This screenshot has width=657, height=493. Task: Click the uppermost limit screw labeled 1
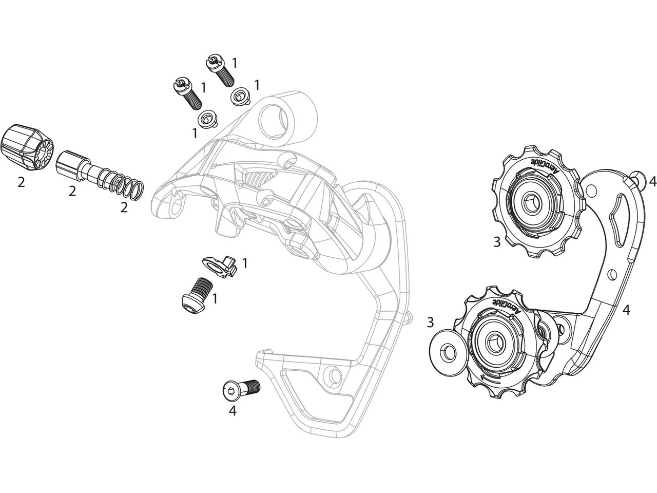point(219,69)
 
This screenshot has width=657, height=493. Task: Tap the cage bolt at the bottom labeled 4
point(241,389)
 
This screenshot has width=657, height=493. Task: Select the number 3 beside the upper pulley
point(496,241)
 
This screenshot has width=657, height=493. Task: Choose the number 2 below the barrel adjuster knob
point(21,182)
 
